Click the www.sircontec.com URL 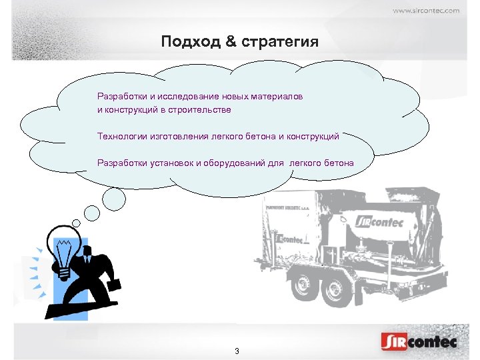425,10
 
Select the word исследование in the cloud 188,97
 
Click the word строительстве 197,109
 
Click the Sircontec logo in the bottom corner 419,342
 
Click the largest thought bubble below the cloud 114,198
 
